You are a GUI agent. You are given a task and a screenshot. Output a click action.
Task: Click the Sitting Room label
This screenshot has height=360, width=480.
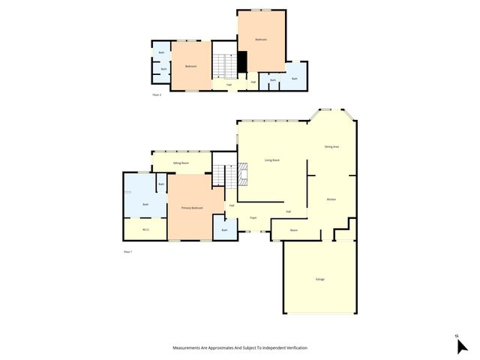(x=181, y=163)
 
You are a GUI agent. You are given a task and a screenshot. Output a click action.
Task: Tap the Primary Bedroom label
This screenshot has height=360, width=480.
(x=192, y=208)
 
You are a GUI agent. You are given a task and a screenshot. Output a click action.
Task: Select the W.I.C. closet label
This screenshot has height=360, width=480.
(x=145, y=229)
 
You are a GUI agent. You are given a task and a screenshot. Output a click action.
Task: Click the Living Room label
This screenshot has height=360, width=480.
(x=271, y=160)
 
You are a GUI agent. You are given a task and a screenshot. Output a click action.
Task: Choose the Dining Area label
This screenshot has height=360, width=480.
(x=331, y=147)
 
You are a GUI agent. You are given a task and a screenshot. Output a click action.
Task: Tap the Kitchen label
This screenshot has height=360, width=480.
(x=331, y=199)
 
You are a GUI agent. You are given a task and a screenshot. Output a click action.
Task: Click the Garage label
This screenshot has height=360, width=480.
(x=319, y=279)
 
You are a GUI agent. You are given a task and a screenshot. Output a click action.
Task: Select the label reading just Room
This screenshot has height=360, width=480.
(x=295, y=230)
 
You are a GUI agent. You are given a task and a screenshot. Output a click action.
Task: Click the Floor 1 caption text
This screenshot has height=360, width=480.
(x=127, y=251)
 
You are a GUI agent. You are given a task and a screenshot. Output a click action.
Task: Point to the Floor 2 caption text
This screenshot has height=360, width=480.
(x=157, y=95)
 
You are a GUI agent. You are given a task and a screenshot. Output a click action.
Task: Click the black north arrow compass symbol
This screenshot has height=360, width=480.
(x=461, y=345)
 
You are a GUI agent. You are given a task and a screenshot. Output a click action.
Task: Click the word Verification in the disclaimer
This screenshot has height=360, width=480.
(x=293, y=348)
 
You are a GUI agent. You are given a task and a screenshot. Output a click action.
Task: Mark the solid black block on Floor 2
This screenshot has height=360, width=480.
(x=242, y=62)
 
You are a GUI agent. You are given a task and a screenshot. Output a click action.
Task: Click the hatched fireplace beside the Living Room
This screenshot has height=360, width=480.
(x=242, y=177)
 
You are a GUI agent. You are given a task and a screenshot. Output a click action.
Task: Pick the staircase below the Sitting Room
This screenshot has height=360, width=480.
(x=218, y=175)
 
